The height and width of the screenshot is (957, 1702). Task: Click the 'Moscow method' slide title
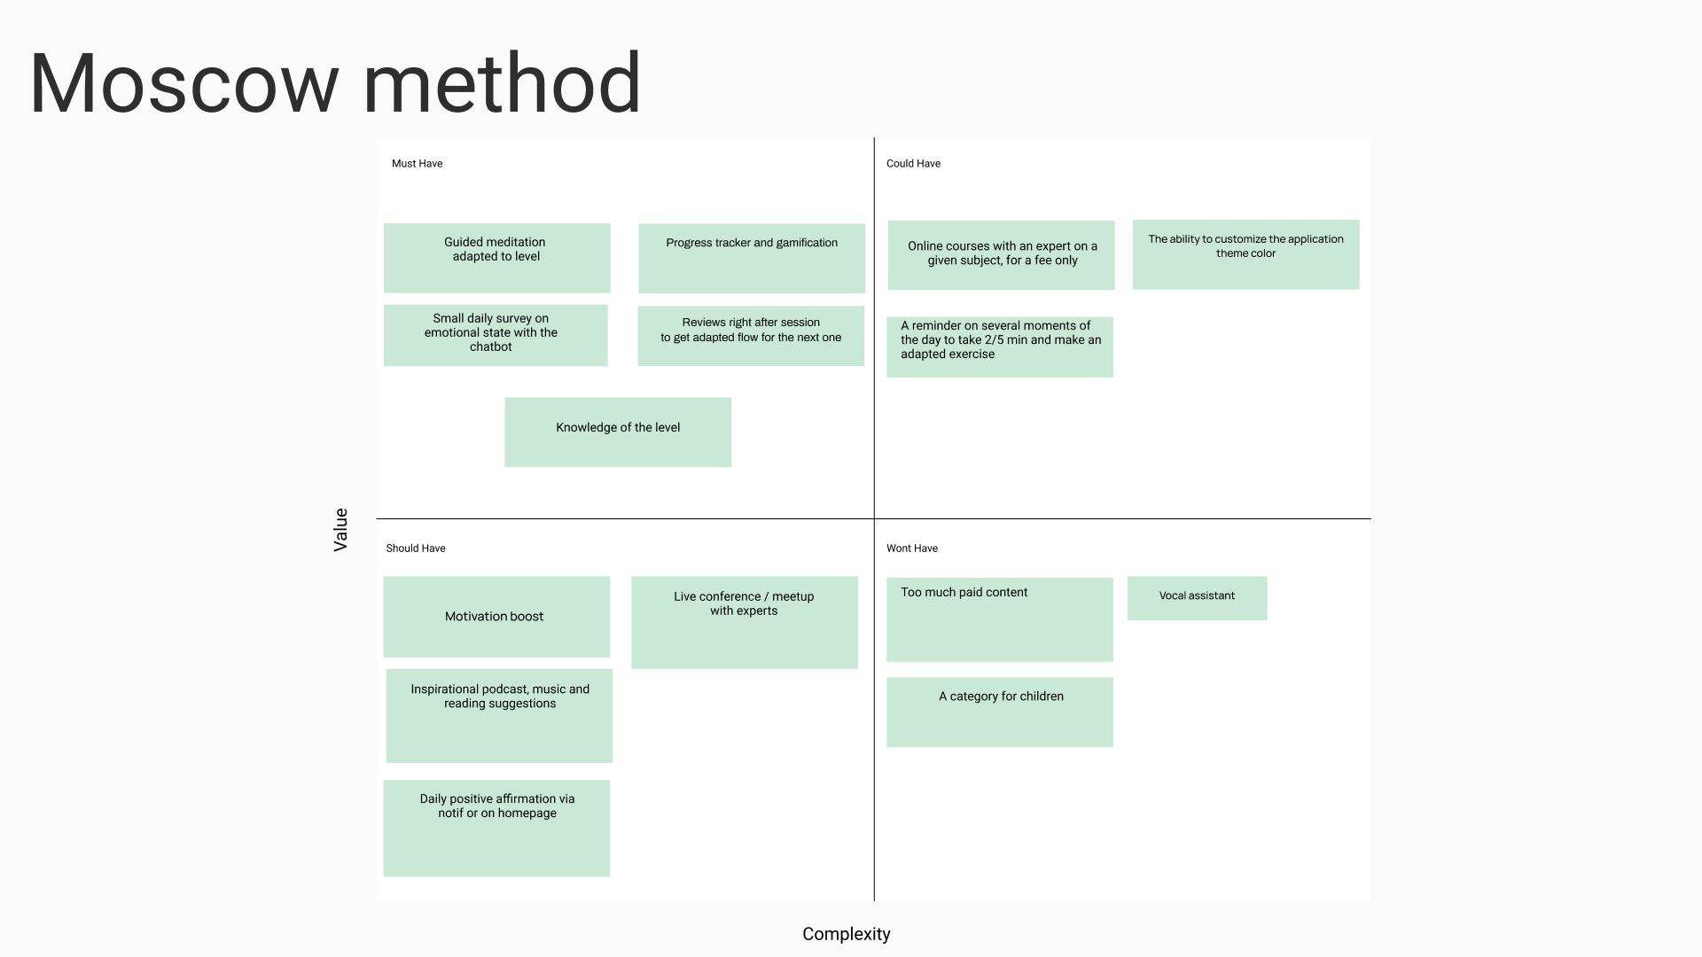[335, 84]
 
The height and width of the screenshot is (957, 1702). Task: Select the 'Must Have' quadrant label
[417, 164]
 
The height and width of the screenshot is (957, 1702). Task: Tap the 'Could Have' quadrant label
[913, 164]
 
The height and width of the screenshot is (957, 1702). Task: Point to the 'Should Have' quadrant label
[416, 549]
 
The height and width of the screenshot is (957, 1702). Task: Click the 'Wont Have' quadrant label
[912, 549]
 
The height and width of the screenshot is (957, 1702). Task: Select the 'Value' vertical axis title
[340, 530]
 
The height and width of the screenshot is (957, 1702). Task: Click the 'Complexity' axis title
[846, 934]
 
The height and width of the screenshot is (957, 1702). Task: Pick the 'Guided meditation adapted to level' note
[496, 258]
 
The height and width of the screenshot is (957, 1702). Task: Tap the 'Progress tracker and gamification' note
[752, 258]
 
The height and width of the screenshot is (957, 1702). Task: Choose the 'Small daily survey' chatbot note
[496, 335]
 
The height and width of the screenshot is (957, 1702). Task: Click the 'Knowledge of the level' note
[618, 432]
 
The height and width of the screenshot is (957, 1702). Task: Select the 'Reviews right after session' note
[751, 336]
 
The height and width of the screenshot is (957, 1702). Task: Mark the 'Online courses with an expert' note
[1001, 255]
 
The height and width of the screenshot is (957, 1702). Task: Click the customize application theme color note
[1245, 254]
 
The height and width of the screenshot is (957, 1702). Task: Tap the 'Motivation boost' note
[496, 617]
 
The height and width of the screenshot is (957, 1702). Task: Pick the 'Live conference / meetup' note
[745, 622]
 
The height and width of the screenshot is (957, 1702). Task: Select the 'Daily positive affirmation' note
[496, 828]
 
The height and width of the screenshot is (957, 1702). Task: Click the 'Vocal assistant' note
[1197, 598]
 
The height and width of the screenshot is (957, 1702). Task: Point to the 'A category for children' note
[1000, 712]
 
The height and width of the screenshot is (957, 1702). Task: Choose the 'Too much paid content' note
[1000, 619]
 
